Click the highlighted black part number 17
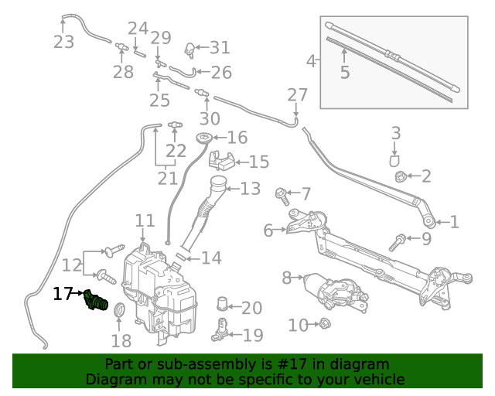(62, 294)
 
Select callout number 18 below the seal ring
(121, 341)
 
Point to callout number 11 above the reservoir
(145, 222)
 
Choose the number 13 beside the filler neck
(250, 189)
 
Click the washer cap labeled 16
(204, 139)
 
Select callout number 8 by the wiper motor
(287, 276)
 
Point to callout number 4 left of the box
(312, 60)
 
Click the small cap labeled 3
(394, 160)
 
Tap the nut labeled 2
(401, 176)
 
